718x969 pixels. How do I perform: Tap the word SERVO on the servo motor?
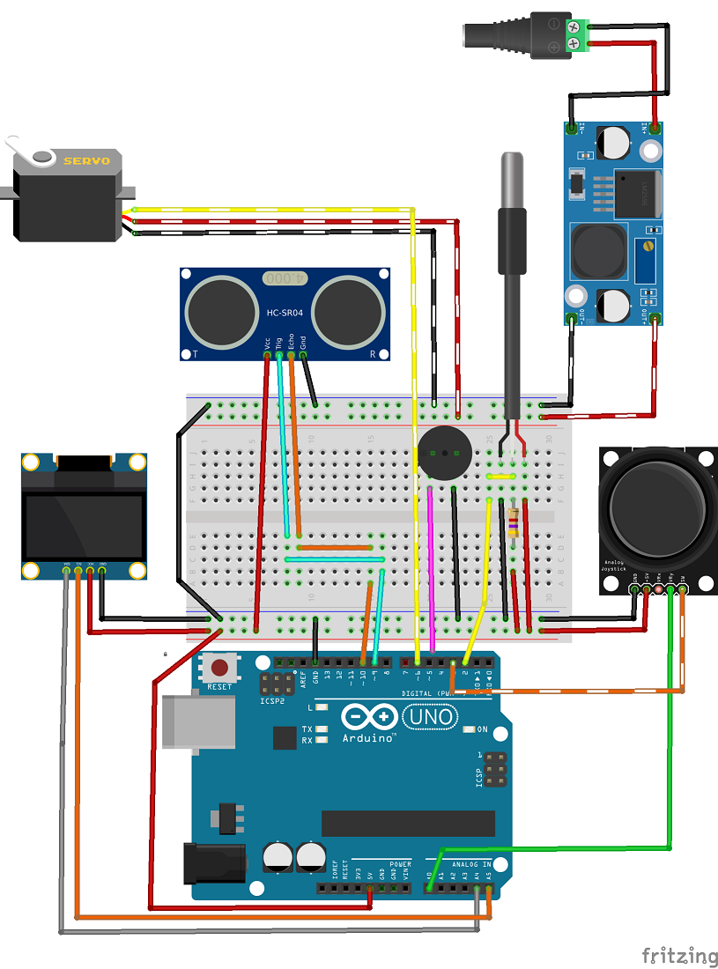coord(86,160)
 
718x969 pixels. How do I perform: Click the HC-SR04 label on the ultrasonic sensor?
coord(285,313)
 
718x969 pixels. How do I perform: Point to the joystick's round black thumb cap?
coord(656,504)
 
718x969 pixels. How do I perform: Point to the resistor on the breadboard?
coord(514,525)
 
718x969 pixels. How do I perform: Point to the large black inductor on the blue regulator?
coord(597,249)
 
